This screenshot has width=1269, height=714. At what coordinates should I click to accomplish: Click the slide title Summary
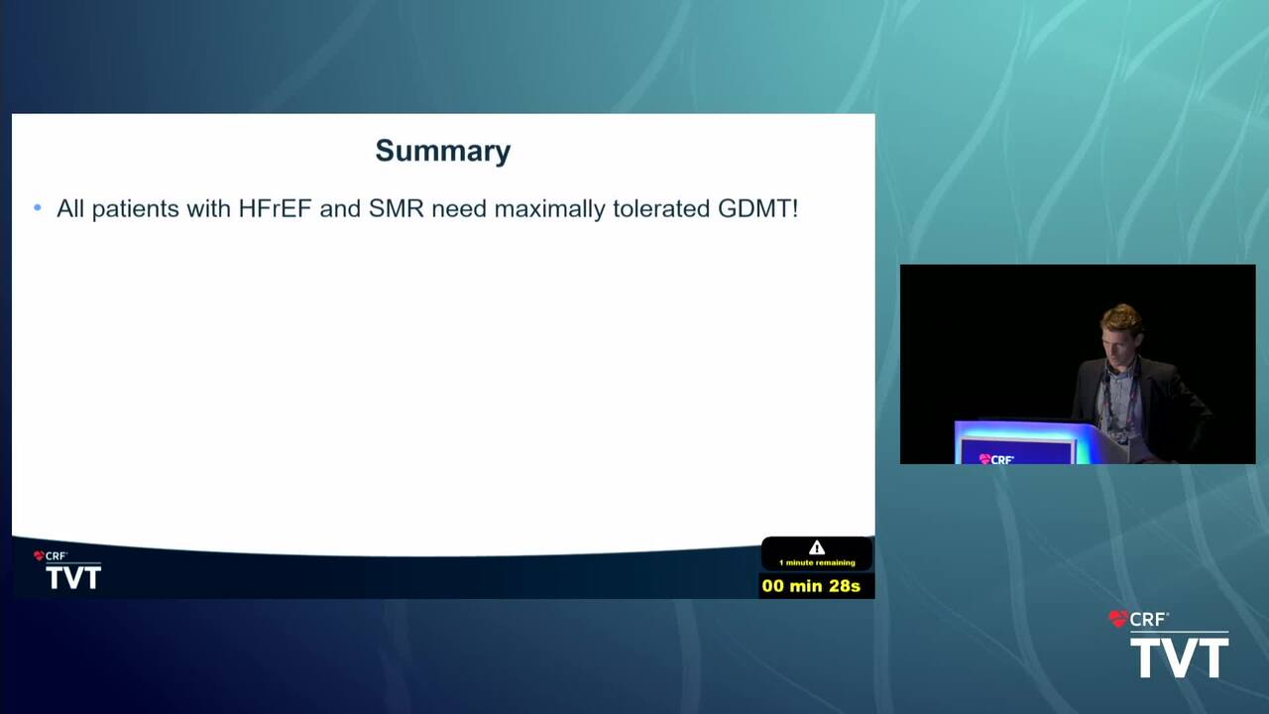(442, 152)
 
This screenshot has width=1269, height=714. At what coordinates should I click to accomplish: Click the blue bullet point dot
(38, 208)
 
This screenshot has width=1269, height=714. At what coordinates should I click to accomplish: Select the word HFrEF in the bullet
(275, 208)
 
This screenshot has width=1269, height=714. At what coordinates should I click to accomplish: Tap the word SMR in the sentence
(396, 208)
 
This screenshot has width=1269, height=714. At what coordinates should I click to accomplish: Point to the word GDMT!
(758, 208)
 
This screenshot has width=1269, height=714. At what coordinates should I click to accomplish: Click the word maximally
(549, 209)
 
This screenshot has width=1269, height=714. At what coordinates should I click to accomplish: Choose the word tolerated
(661, 208)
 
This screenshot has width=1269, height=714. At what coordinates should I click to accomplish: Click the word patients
(136, 209)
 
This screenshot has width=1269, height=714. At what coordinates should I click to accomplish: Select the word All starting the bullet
(70, 208)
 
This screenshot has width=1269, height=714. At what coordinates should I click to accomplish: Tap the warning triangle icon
(816, 547)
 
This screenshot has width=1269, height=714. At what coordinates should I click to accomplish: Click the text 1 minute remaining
(817, 562)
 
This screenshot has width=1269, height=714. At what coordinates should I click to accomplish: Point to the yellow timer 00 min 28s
(811, 586)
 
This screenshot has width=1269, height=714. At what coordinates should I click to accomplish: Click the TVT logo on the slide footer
(73, 577)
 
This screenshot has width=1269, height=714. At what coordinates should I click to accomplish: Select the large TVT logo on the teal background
(1180, 657)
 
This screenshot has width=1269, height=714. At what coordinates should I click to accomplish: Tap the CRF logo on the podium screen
(997, 459)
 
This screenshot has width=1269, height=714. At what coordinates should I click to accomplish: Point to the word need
(459, 208)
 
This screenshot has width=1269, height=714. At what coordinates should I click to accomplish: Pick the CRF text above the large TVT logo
(1147, 620)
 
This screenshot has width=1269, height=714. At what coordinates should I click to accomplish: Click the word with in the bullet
(208, 208)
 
